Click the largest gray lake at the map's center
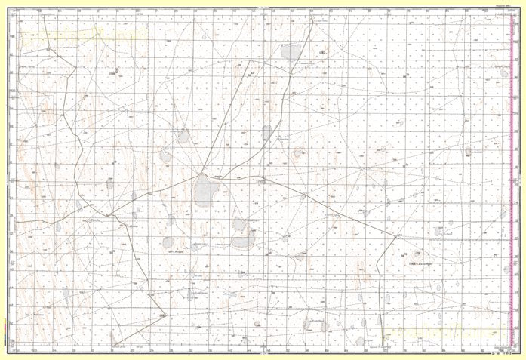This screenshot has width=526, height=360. (205, 190)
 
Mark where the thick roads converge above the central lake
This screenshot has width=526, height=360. (203, 172)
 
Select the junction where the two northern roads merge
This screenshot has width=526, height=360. (248, 75)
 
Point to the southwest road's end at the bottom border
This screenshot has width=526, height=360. (114, 349)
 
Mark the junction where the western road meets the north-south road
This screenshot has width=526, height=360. (109, 215)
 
